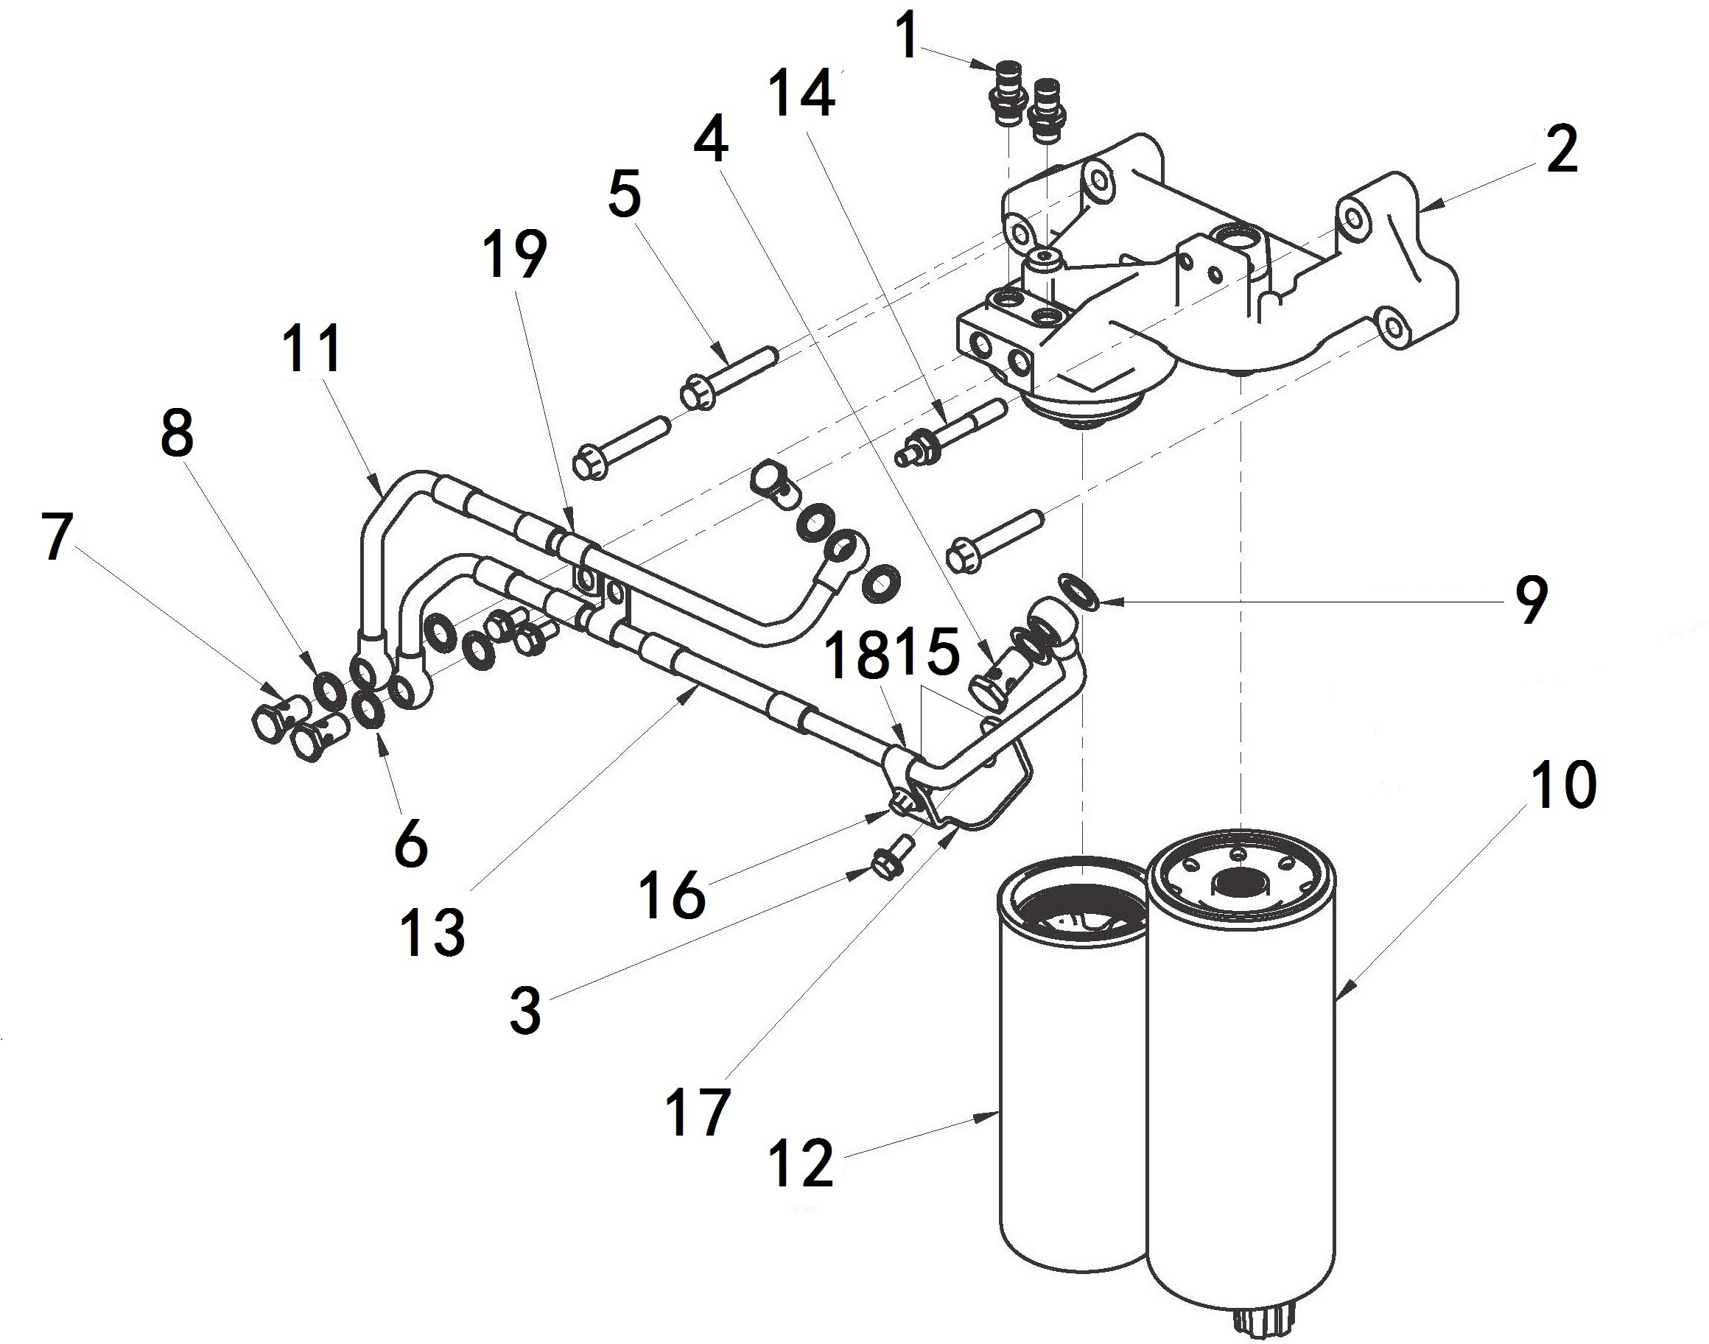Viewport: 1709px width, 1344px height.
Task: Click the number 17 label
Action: click(698, 1111)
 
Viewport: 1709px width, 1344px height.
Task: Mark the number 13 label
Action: click(432, 932)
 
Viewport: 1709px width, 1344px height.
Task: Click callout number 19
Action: click(515, 255)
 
